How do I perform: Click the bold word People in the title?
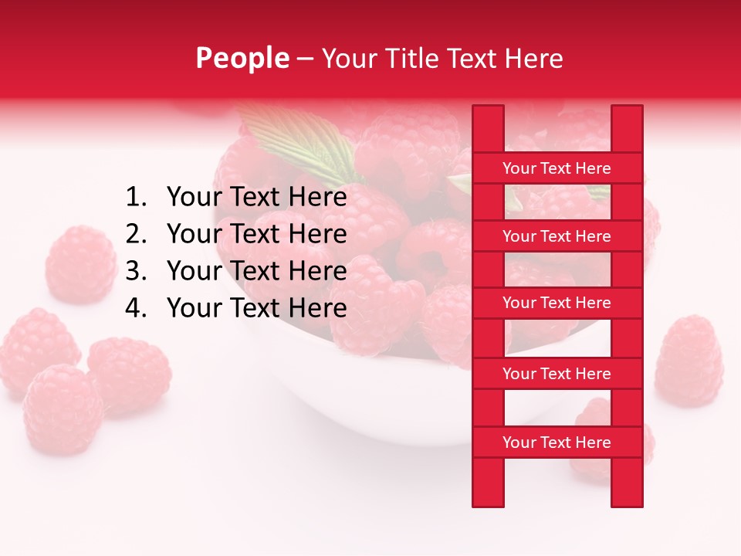point(242,58)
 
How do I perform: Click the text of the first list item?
point(256,198)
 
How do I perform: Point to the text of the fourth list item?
point(256,308)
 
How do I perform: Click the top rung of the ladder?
point(557,168)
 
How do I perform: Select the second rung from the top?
point(557,236)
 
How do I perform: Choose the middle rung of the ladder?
point(557,303)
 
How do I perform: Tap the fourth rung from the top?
point(557,374)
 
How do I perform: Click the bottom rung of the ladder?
point(557,442)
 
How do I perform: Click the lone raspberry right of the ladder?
point(689,361)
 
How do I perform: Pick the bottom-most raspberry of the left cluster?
point(62,409)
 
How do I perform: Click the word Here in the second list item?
point(317,234)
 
